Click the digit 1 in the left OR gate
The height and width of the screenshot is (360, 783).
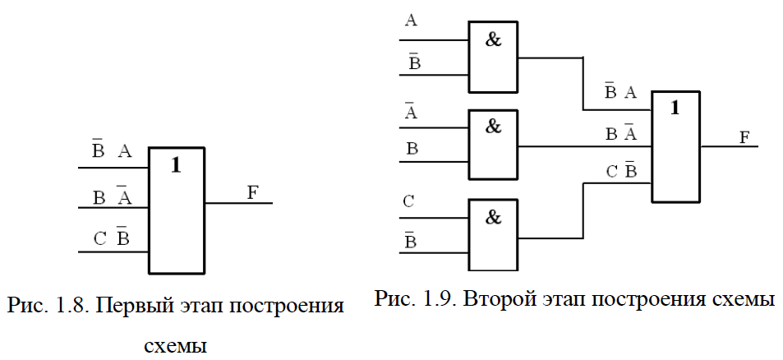pos(176,165)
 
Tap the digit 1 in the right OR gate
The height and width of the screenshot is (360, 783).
pos(675,108)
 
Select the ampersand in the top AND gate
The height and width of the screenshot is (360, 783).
pos(493,39)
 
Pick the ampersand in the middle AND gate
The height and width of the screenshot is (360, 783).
pos(493,127)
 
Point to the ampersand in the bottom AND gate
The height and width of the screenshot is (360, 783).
pos(493,218)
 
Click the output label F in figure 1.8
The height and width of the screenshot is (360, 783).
pos(253,192)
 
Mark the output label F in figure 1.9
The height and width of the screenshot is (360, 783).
pos(744,137)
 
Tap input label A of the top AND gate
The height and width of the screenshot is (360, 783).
pos(411,21)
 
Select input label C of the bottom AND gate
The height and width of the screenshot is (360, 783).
pos(409,201)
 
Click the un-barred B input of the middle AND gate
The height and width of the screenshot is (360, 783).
pos(412,149)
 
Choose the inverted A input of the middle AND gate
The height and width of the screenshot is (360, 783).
pos(411,111)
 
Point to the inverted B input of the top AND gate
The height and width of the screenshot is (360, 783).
pos(414,62)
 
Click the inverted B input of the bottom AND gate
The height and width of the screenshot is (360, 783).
pos(410,241)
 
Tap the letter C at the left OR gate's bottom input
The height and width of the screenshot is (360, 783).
pos(100,239)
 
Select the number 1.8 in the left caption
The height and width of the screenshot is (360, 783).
pos(72,306)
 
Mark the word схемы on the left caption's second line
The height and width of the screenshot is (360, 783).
pos(175,345)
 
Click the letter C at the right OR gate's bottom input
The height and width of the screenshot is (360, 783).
pos(612,172)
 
